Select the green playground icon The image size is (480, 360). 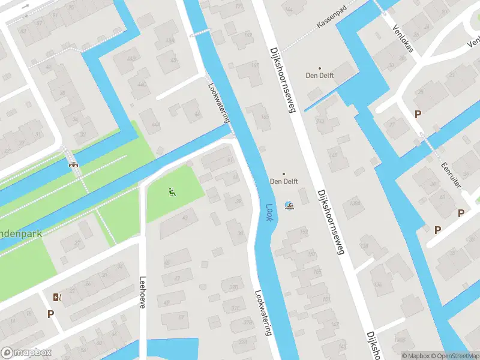(x=172, y=192)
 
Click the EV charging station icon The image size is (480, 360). (x=57, y=297)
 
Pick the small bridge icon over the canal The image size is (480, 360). (x=73, y=163)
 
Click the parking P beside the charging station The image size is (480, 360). (x=50, y=313)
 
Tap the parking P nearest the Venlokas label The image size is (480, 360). (x=417, y=114)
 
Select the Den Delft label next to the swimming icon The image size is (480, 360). (x=284, y=181)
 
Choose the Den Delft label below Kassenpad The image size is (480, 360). (x=319, y=76)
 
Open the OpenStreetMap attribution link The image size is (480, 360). (x=453, y=356)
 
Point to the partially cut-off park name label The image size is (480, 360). (x=21, y=233)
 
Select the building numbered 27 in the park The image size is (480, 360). (x=78, y=242)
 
